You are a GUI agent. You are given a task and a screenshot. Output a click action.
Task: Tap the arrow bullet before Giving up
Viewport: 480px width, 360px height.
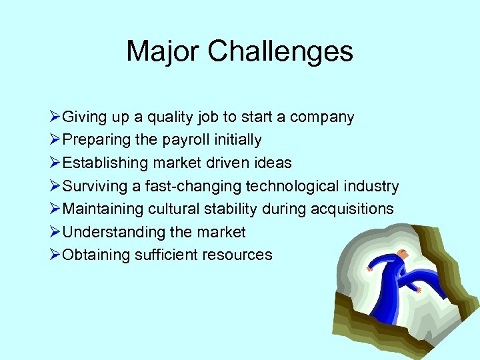pyautogui.click(x=55, y=117)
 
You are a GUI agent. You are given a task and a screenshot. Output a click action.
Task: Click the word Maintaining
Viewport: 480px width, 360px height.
pyautogui.click(x=102, y=209)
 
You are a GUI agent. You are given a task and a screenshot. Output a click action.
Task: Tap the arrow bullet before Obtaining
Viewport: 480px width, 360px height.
pyautogui.click(x=55, y=255)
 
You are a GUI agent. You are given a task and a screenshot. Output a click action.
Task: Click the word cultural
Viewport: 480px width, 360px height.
pyautogui.click(x=175, y=209)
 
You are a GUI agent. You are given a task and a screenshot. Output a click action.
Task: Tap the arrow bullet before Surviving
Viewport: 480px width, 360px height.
pyautogui.click(x=55, y=186)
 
